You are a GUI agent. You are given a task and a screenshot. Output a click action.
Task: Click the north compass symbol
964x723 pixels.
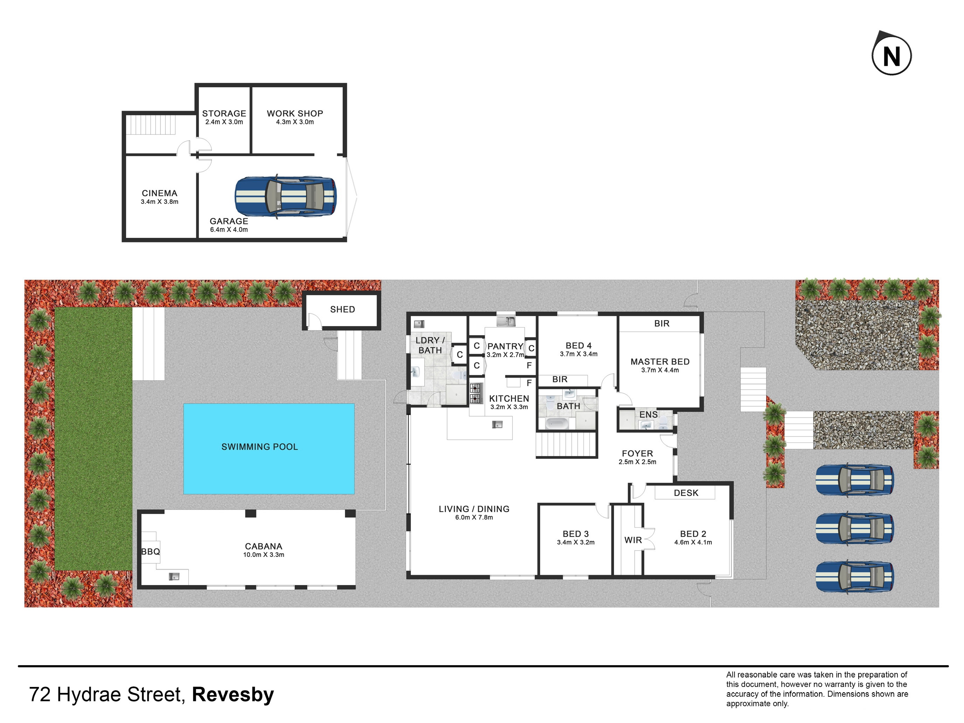(891, 55)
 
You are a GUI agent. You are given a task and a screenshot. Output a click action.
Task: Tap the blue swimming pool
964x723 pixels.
(269, 449)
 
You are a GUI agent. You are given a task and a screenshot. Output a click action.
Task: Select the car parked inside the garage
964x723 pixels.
(286, 197)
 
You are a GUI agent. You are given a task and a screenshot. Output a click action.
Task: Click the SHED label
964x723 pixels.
(343, 309)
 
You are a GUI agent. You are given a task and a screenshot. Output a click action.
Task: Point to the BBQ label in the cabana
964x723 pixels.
(151, 552)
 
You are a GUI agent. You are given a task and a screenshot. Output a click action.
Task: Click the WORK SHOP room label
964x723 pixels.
(295, 113)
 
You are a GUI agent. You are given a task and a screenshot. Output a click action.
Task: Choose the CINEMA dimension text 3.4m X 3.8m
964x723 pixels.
(159, 202)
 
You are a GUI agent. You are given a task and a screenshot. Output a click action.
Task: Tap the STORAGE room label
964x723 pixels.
(224, 113)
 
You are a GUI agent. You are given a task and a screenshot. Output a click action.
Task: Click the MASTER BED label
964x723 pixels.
(660, 362)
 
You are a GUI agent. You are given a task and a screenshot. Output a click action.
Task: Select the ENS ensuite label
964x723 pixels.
(648, 415)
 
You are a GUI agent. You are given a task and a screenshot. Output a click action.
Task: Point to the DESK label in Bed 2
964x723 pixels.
(686, 493)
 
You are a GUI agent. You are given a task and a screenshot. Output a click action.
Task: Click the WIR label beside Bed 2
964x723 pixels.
(633, 540)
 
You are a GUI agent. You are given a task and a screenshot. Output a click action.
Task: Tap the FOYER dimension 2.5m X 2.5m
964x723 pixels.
(638, 462)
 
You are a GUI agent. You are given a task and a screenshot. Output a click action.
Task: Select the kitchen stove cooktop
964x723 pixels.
(475, 393)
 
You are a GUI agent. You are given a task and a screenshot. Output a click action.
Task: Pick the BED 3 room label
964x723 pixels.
(576, 534)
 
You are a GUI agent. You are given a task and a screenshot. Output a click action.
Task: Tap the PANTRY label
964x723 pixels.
(505, 346)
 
